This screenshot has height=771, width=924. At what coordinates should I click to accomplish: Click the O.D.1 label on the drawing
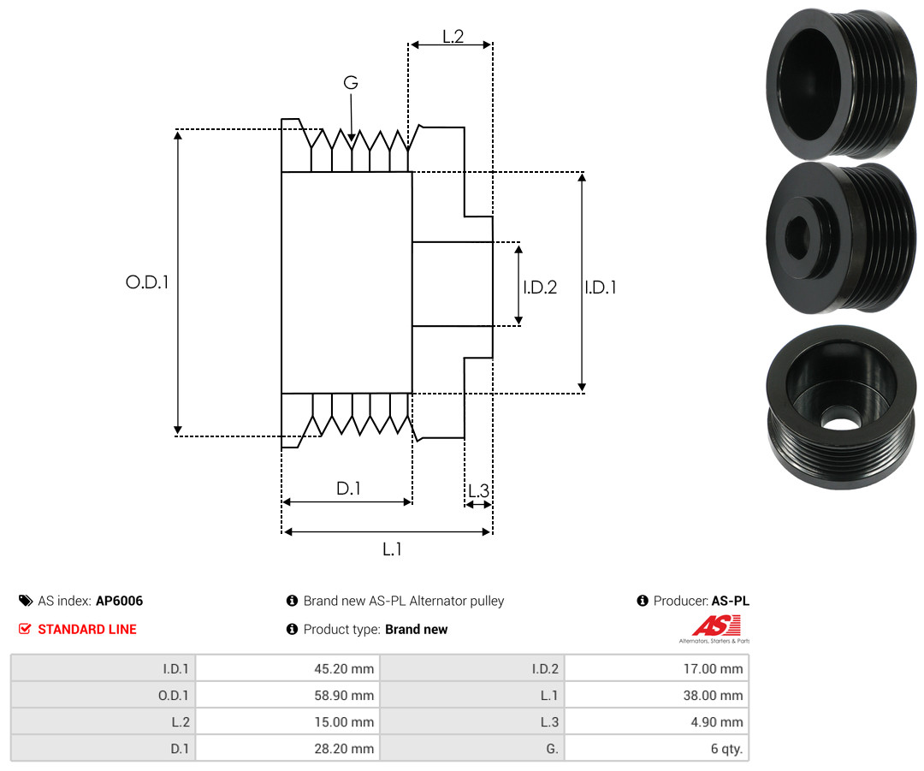click(147, 282)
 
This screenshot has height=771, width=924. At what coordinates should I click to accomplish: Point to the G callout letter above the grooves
click(351, 82)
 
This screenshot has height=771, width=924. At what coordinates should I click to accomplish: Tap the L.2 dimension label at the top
click(453, 37)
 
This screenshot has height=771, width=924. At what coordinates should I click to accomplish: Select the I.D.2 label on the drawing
click(540, 287)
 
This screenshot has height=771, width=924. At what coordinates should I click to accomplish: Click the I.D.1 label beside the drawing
click(601, 287)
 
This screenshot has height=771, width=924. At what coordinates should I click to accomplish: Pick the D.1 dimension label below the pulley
click(348, 488)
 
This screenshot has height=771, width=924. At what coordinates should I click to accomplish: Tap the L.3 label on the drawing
click(478, 490)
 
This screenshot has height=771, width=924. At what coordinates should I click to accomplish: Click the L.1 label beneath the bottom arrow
click(392, 549)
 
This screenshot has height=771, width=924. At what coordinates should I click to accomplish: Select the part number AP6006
click(120, 601)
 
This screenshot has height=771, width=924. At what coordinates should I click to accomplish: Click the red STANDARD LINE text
click(87, 630)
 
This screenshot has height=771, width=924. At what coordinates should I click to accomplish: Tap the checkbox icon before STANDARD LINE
click(25, 629)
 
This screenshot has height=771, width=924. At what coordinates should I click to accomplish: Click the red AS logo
click(716, 626)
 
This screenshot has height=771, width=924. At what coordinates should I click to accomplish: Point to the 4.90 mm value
click(717, 722)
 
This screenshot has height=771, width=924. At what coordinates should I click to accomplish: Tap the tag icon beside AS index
click(26, 601)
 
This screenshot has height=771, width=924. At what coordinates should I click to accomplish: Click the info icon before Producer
click(643, 601)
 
